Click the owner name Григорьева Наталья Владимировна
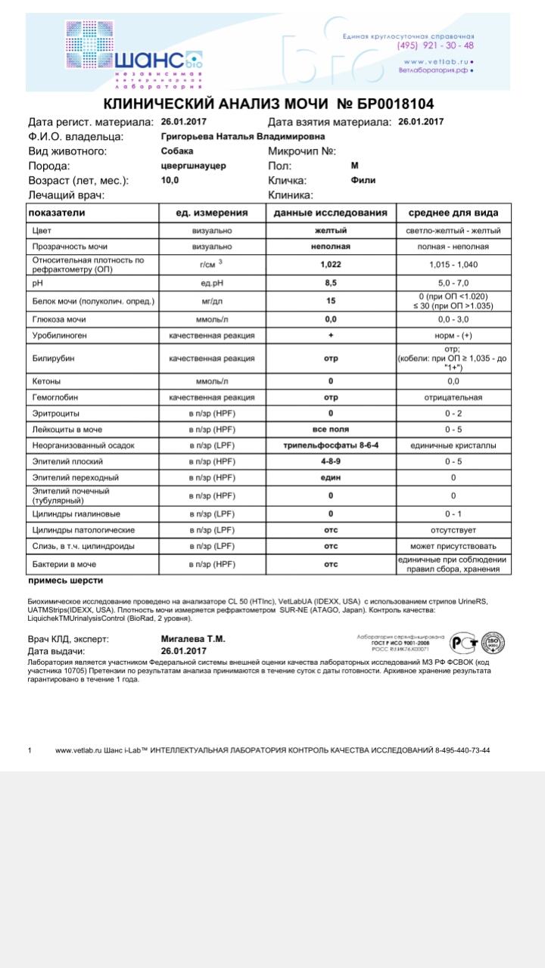tap(243, 136)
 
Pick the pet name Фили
tap(363, 181)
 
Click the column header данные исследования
tap(330, 213)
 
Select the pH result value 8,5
tap(330, 282)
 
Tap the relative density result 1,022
tap(330, 264)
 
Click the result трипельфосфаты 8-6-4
tap(330, 445)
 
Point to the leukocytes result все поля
tap(330, 430)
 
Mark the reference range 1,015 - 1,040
tap(453, 264)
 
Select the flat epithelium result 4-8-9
tap(330, 461)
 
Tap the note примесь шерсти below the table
tap(65, 581)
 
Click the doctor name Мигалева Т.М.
tap(193, 639)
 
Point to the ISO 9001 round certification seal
tap(494, 643)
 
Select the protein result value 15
tap(330, 301)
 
